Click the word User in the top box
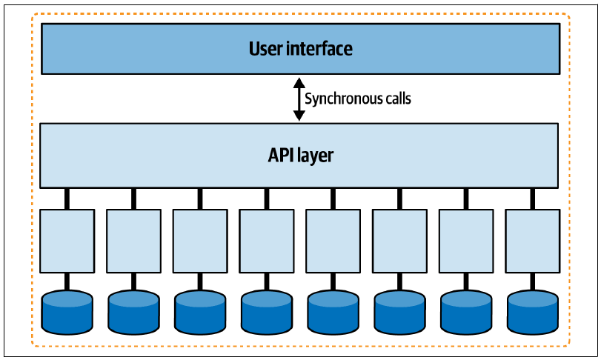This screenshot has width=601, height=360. [x=265, y=49]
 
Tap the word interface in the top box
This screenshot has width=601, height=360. [x=319, y=49]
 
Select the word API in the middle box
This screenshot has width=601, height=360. [x=279, y=155]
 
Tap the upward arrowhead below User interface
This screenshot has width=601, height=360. [x=299, y=83]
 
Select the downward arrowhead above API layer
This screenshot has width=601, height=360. [x=299, y=116]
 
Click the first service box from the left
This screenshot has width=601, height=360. [x=67, y=241]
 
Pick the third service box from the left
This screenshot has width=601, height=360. [x=200, y=241]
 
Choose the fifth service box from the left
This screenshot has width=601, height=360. [x=333, y=241]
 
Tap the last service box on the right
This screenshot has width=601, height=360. [x=532, y=241]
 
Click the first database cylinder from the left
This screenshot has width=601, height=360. [x=67, y=313]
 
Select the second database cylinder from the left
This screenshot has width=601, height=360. [x=134, y=313]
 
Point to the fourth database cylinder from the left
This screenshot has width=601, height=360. [x=267, y=313]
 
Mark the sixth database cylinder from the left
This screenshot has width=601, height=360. [x=399, y=313]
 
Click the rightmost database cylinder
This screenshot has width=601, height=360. [x=532, y=313]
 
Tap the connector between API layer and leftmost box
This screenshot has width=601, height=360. [x=67, y=199]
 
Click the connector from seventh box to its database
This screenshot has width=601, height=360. [x=466, y=282]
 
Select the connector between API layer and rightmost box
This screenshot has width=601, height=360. [x=532, y=199]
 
